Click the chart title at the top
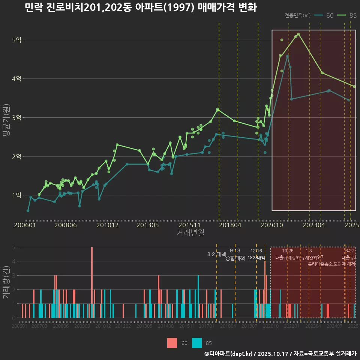(x=140, y=7)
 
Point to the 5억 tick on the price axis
(x=16, y=40)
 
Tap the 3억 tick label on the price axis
(x=16, y=117)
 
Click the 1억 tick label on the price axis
(x=16, y=195)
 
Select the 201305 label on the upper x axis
(x=147, y=225)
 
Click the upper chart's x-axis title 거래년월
(x=190, y=233)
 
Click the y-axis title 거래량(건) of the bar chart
(x=6, y=282)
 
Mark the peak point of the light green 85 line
(x=298, y=34)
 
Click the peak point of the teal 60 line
(x=287, y=57)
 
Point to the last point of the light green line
(x=354, y=87)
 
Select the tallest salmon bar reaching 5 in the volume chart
(x=92, y=282)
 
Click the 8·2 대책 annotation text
(x=213, y=254)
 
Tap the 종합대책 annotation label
(x=235, y=258)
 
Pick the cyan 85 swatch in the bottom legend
(x=197, y=343)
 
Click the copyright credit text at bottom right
(x=280, y=353)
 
